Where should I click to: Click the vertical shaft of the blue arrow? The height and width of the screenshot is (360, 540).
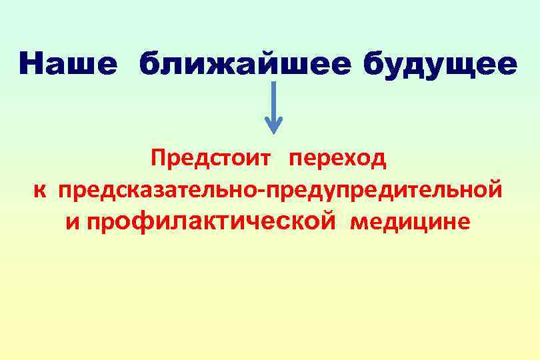pos(273,100)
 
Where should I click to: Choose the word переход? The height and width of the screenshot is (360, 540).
pos(337,159)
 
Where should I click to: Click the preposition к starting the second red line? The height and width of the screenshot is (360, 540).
pos(41,191)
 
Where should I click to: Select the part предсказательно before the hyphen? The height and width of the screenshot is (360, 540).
pos(161,191)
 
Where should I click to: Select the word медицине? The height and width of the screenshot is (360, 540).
pos(410,222)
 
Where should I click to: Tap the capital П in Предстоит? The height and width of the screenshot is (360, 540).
pos(157,159)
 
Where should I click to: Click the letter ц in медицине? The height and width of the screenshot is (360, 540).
pos(423,223)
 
